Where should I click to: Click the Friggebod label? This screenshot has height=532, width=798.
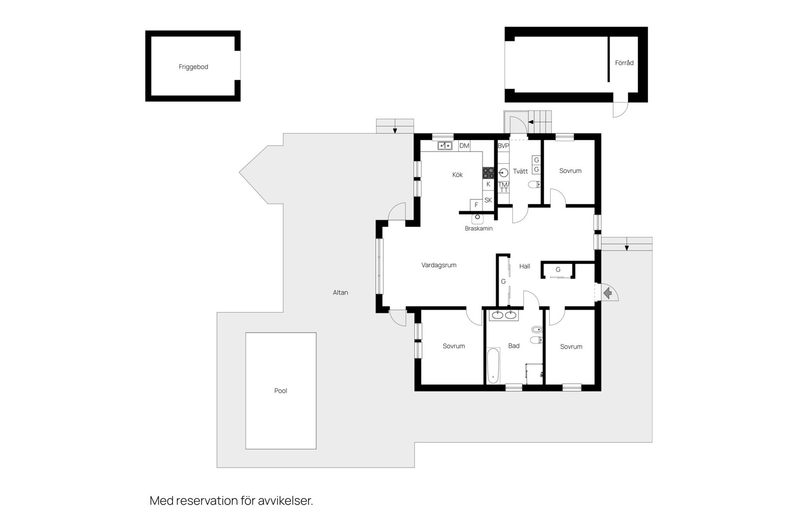coord(193,67)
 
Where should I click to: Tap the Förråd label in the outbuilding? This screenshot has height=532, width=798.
coord(624,63)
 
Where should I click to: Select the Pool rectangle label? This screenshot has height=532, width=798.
coord(280,391)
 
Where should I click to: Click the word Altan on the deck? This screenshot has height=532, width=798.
coord(341,293)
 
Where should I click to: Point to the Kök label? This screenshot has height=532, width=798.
coord(457,175)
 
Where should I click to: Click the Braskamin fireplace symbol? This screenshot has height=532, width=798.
coord(477,217)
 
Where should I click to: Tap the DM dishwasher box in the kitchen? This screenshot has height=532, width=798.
coord(464,146)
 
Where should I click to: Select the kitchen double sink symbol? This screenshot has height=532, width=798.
coord(445,146)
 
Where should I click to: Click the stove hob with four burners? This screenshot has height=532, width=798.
coord(488,173)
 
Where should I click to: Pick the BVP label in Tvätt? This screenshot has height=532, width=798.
coord(503,146)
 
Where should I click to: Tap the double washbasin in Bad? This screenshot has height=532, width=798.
coord(504,315)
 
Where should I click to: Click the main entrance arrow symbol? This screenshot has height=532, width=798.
coord(607,293)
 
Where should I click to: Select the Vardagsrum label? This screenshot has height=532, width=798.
coord(439,265)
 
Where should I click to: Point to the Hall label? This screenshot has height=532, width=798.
coord(525,266)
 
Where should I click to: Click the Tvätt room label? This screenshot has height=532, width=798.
coord(520,171)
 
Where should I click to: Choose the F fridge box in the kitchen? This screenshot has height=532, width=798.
coord(476,204)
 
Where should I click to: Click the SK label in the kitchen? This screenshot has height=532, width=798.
coord(488,200)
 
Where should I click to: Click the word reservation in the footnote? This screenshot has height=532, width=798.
coord(206,501)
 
